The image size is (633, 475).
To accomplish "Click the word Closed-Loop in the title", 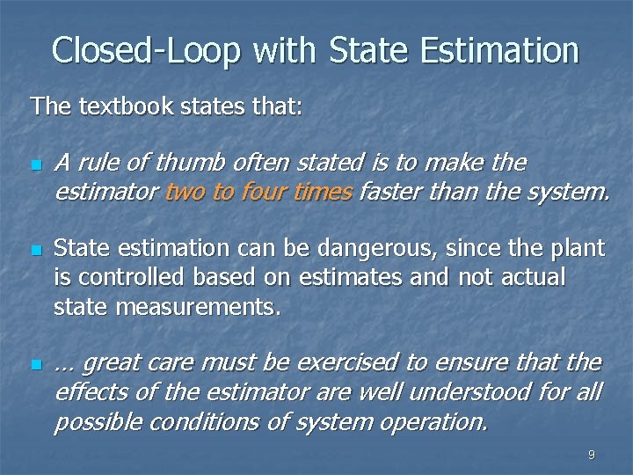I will pyautogui.click(x=146, y=50).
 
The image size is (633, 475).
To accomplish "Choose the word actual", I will pyautogui.click(x=527, y=278).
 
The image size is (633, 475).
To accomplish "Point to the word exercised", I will pyautogui.click(x=346, y=363).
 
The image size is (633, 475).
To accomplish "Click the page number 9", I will pyautogui.click(x=591, y=455).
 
